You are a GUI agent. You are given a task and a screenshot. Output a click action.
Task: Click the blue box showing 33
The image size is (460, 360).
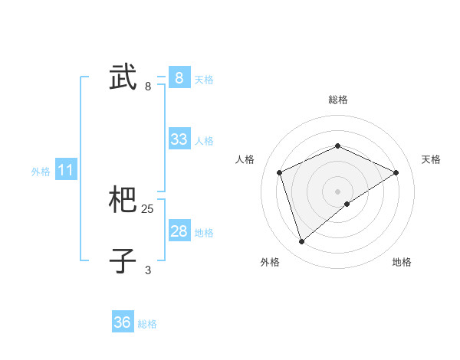(179, 139)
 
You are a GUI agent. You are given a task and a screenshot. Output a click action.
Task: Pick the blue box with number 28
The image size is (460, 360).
(179, 231)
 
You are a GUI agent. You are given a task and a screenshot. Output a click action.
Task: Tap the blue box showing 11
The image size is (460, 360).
(65, 171)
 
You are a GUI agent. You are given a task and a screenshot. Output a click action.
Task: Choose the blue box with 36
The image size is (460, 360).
(123, 322)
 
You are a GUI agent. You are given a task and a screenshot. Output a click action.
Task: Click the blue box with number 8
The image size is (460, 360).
(179, 78)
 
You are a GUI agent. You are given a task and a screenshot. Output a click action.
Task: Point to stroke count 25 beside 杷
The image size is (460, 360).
(148, 208)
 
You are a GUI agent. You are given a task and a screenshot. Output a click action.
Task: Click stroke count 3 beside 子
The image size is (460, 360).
(148, 270)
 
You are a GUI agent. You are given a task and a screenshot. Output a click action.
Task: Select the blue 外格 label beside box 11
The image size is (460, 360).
(41, 172)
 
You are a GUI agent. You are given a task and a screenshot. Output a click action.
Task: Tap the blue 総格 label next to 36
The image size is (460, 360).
(147, 324)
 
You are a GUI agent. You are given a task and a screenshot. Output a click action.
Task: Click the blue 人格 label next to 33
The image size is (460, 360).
(204, 141)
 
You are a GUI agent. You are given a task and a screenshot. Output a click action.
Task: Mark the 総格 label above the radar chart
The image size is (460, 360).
(337, 100)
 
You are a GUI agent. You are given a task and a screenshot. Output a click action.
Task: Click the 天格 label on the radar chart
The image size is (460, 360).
(431, 159)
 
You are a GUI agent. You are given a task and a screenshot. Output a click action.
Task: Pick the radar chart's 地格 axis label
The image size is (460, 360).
(402, 263)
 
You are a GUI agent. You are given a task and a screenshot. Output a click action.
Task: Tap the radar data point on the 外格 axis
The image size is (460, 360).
(302, 242)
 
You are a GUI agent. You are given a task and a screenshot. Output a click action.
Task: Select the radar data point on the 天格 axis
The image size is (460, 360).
(396, 172)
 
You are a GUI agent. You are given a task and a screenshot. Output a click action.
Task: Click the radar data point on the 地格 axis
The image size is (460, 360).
(347, 204)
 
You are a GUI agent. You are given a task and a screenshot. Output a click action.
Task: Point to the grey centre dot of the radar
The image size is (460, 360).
(337, 191)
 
